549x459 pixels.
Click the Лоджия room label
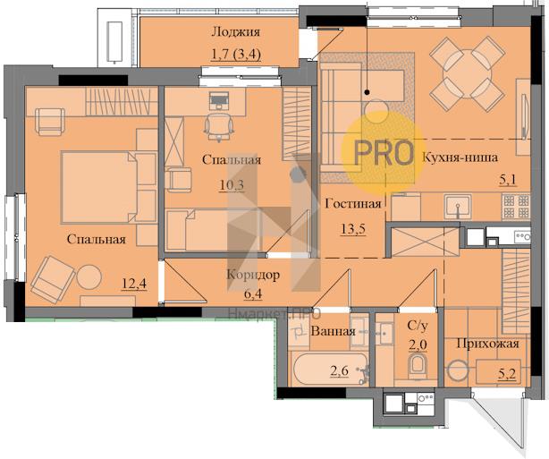[236, 32]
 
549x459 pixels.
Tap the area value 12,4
[134, 283]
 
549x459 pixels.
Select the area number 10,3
[232, 184]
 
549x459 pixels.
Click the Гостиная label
[353, 204]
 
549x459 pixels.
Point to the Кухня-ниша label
[460, 157]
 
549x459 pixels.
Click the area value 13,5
[353, 229]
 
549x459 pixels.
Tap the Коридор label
[253, 275]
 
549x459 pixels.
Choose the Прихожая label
[487, 344]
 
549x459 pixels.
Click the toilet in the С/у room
[418, 366]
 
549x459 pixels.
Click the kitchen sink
[457, 207]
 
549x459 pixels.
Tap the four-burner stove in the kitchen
[516, 207]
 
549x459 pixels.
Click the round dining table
[467, 74]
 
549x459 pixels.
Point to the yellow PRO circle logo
[383, 153]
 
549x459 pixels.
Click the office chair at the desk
[219, 126]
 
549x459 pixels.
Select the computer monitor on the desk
[219, 98]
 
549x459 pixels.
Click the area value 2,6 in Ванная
[340, 370]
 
